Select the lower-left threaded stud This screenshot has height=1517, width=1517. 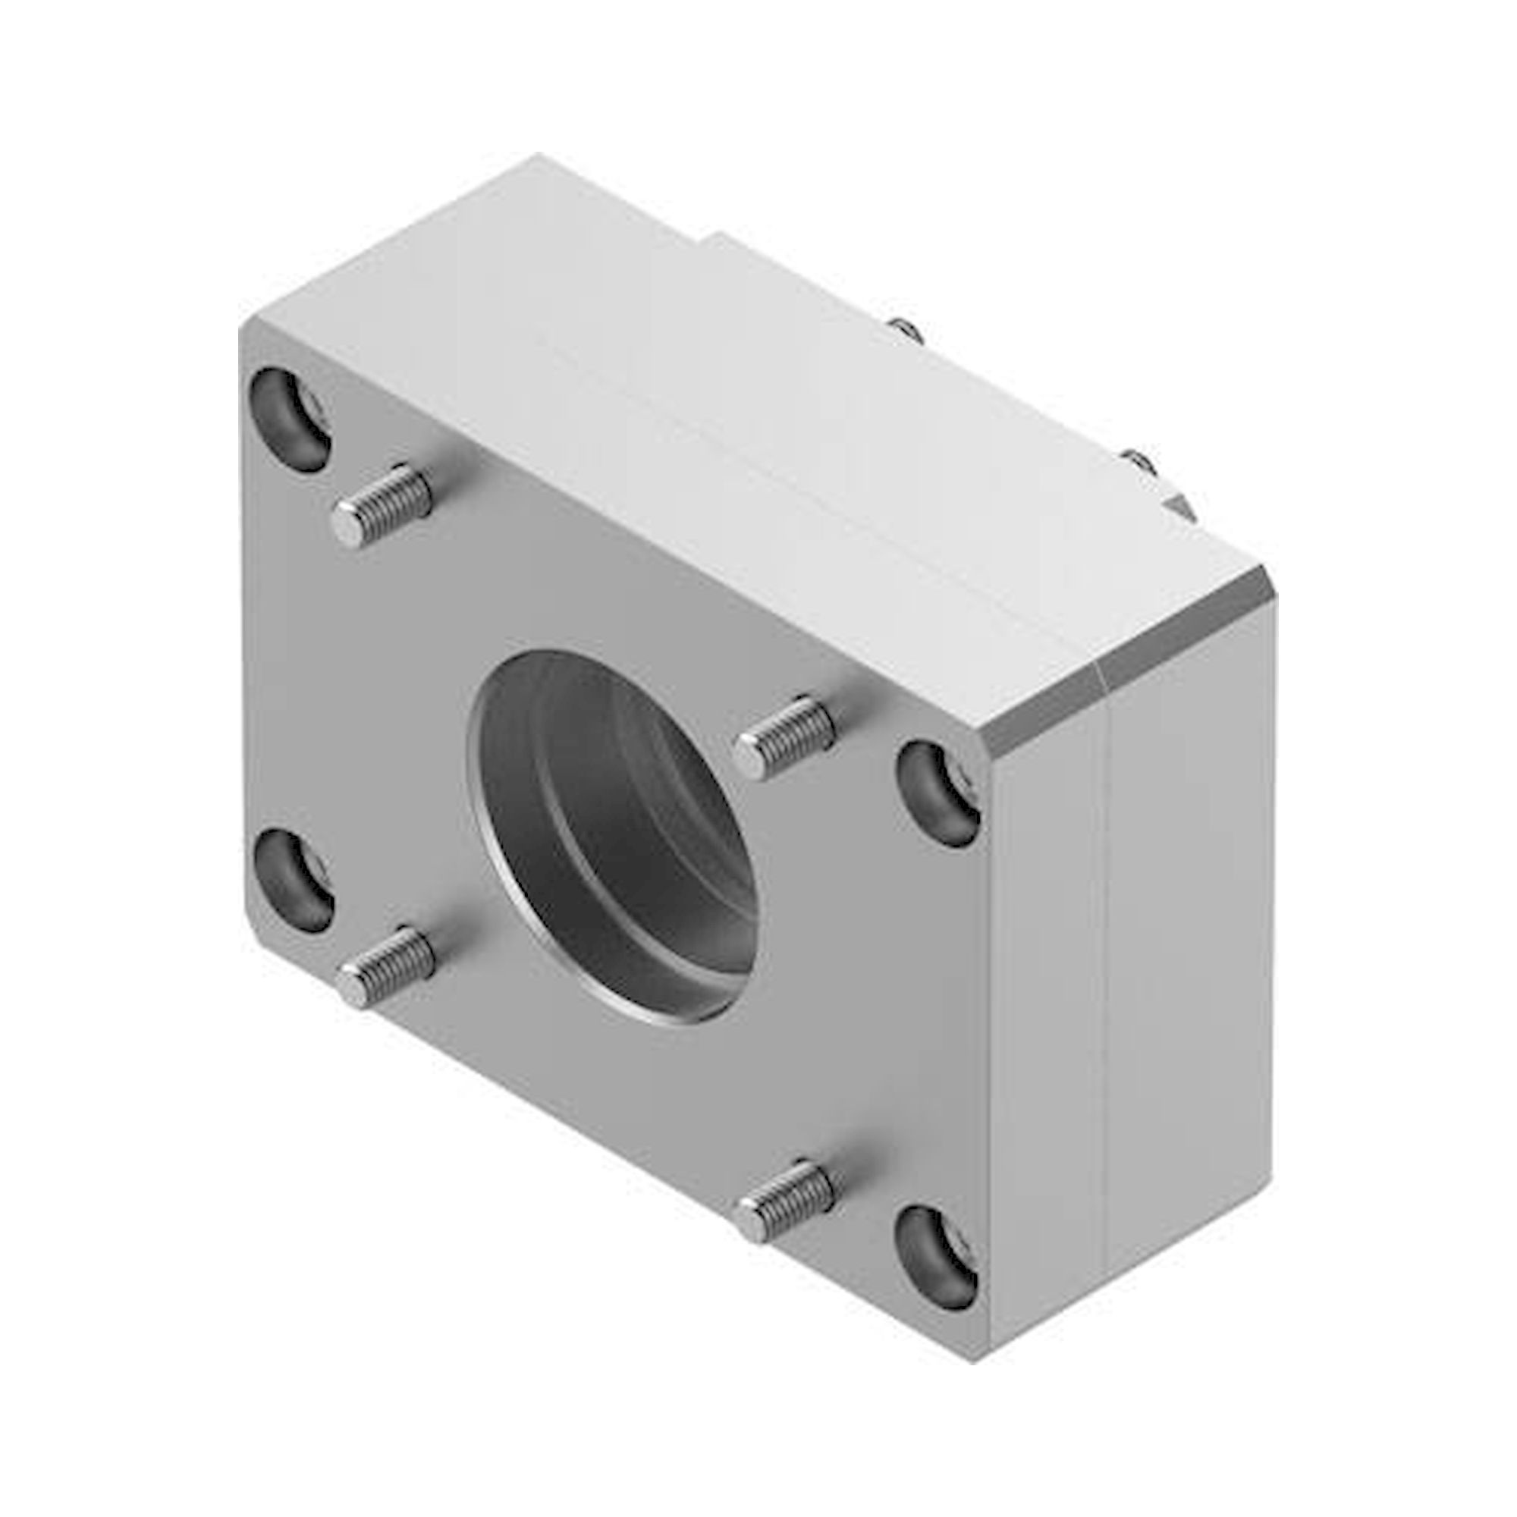pyautogui.click(x=387, y=964)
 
